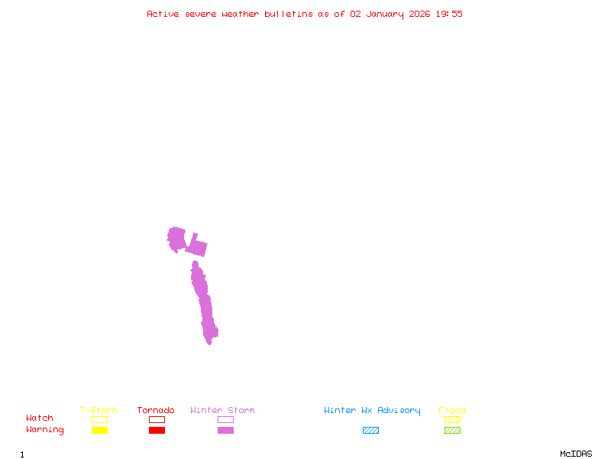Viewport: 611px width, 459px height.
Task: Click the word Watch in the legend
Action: pyautogui.click(x=40, y=418)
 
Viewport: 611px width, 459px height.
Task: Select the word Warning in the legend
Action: pyautogui.click(x=45, y=430)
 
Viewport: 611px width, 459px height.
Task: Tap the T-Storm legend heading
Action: pyautogui.click(x=99, y=411)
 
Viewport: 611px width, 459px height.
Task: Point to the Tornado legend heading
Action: pyautogui.click(x=156, y=411)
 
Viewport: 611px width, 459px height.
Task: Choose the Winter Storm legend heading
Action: pyautogui.click(x=222, y=411)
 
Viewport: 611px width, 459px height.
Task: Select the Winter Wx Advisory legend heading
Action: pyautogui.click(x=372, y=411)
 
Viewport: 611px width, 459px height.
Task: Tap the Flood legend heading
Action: pyautogui.click(x=452, y=411)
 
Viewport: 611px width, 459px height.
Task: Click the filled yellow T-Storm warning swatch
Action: pyautogui.click(x=99, y=431)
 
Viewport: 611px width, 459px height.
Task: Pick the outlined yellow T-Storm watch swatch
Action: pyautogui.click(x=99, y=419)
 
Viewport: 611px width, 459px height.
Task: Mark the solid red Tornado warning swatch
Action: pyautogui.click(x=157, y=431)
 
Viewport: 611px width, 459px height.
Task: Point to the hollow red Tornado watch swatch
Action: pyautogui.click(x=157, y=419)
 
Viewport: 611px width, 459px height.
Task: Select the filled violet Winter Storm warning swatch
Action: pyautogui.click(x=225, y=431)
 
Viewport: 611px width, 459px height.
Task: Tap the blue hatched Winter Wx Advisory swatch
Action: pyautogui.click(x=370, y=431)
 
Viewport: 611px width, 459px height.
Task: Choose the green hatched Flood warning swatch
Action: pyautogui.click(x=452, y=431)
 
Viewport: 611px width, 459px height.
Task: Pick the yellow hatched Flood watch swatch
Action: pyautogui.click(x=452, y=419)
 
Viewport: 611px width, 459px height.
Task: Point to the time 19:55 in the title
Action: pyautogui.click(x=449, y=14)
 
